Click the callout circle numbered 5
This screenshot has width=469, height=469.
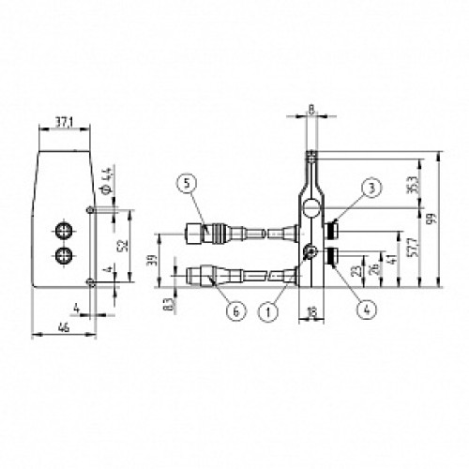[x=189, y=185]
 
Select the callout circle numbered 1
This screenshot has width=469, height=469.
[x=271, y=307]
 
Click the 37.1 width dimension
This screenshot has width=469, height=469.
[x=63, y=121]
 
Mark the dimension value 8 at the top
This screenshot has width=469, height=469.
[x=310, y=110]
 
